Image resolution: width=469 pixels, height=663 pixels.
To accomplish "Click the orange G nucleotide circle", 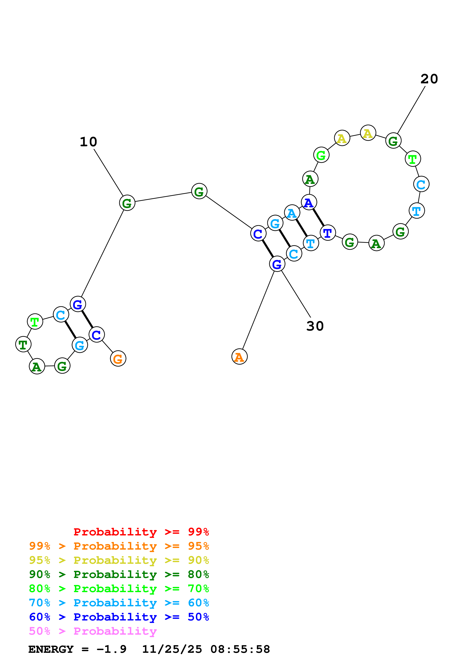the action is pyautogui.click(x=118, y=359).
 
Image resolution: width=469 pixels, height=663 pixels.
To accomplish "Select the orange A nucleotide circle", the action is pyautogui.click(x=239, y=357).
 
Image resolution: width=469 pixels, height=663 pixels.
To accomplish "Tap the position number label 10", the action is pyautogui.click(x=88, y=142).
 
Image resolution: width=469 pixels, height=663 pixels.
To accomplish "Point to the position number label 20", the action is pyautogui.click(x=429, y=79).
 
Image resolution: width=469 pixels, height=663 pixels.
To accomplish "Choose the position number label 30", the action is pyautogui.click(x=315, y=326).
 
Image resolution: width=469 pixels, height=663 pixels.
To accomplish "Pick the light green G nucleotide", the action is pyautogui.click(x=321, y=155).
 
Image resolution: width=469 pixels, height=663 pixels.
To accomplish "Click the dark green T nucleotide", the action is pyautogui.click(x=23, y=344).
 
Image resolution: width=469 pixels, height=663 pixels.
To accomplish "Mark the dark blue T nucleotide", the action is pyautogui.click(x=328, y=232).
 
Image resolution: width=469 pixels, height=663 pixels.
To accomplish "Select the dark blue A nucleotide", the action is pyautogui.click(x=309, y=202).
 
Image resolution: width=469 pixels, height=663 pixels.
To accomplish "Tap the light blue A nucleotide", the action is pyautogui.click(x=292, y=213).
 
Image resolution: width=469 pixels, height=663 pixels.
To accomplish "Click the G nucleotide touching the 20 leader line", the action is pyautogui.click(x=393, y=141).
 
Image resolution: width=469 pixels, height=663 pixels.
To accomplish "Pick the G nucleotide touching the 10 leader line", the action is pyautogui.click(x=127, y=203).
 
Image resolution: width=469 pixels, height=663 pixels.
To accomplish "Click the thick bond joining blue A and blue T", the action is pyautogui.click(x=318, y=217).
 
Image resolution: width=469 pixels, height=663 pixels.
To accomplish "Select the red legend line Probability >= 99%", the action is pyautogui.click(x=141, y=532).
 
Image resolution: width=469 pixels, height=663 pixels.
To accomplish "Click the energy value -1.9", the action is pyautogui.click(x=112, y=649).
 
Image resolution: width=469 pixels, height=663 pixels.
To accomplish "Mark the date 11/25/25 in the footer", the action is pyautogui.click(x=172, y=649).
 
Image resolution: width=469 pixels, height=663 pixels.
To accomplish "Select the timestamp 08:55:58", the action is pyautogui.click(x=240, y=649).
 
